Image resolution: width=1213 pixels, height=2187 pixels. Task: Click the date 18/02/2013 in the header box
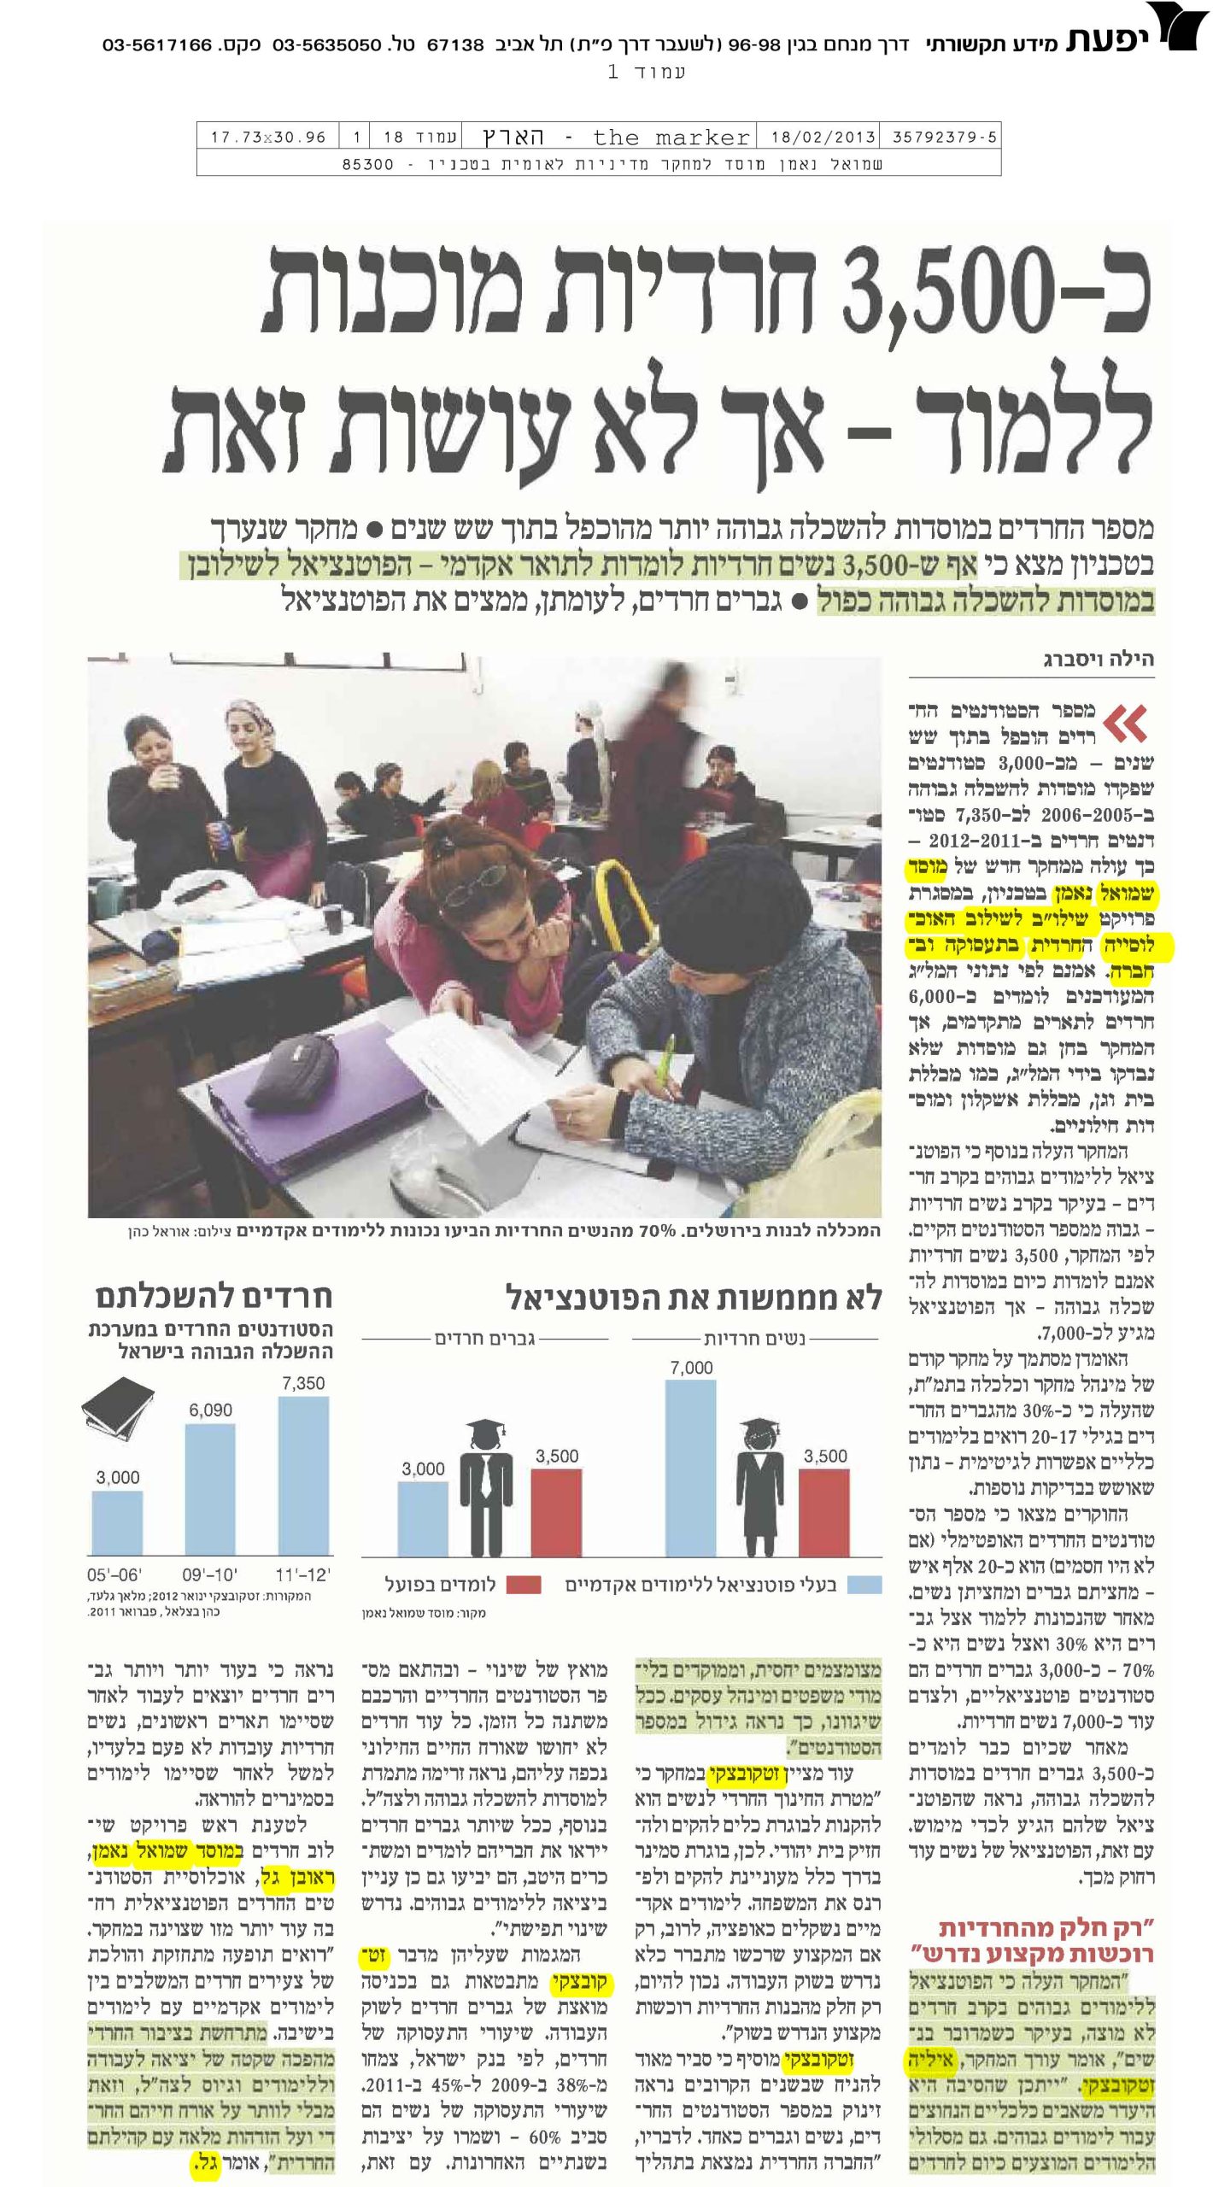tap(823, 138)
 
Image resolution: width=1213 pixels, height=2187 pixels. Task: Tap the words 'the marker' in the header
tap(671, 138)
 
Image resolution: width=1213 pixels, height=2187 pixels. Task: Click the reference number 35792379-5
tap(944, 138)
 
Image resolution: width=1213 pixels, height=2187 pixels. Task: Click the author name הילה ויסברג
tap(1098, 659)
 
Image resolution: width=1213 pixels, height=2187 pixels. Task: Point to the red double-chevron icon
tap(1125, 724)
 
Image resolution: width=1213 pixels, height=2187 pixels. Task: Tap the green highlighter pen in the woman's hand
tap(664, 1063)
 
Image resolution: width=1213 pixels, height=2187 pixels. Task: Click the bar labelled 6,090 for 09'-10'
tap(210, 1490)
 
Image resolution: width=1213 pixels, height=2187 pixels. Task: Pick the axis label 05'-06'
tap(114, 1574)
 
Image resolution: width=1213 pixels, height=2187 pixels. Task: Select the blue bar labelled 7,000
tap(690, 1467)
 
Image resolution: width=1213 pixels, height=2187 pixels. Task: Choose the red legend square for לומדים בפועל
tap(523, 1586)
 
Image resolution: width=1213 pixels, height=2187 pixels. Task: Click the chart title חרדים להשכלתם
tap(213, 1295)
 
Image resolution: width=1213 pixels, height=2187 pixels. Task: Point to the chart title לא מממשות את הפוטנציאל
tap(693, 1298)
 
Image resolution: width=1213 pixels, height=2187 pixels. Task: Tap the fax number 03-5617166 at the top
tap(157, 44)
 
